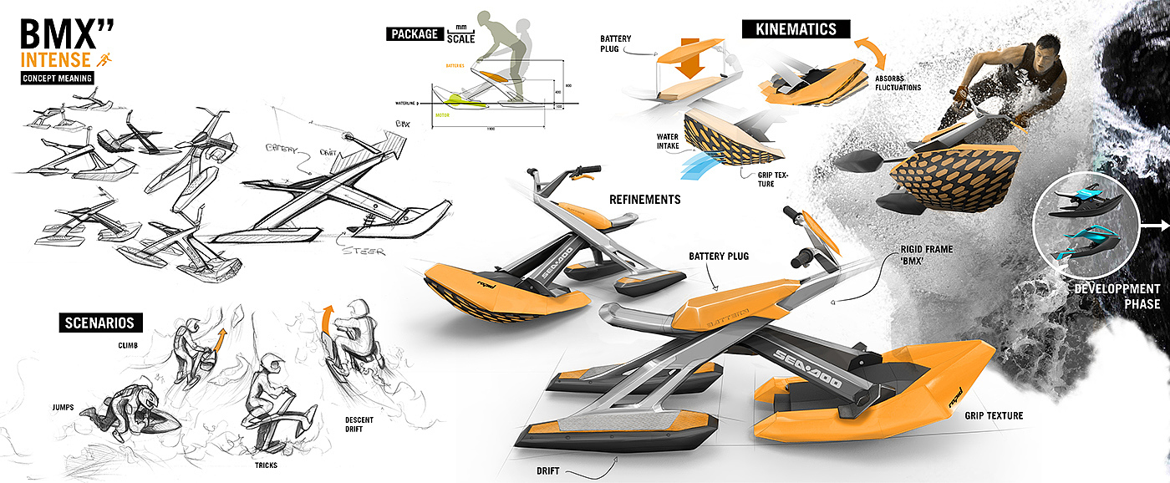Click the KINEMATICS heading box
796,29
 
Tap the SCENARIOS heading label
101,323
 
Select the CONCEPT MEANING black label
58,79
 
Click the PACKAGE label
414,34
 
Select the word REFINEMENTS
644,200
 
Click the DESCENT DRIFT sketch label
365,425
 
